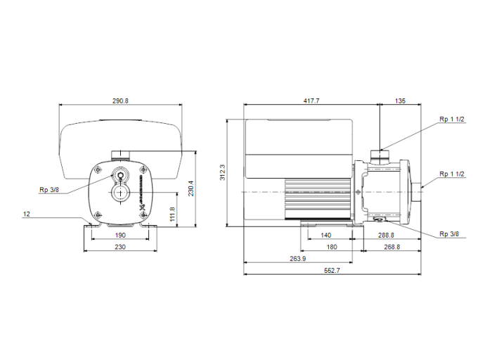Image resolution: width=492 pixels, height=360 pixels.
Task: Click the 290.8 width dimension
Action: pyautogui.click(x=121, y=101)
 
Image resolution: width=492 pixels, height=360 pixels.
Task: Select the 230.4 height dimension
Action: pyautogui.click(x=190, y=188)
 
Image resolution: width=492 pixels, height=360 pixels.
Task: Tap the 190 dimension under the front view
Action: pyautogui.click(x=120, y=236)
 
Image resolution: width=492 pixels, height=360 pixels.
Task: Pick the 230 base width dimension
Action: pyautogui.click(x=120, y=247)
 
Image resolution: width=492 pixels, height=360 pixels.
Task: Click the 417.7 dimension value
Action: pyautogui.click(x=311, y=101)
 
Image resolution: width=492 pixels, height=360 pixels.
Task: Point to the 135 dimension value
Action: pyautogui.click(x=400, y=101)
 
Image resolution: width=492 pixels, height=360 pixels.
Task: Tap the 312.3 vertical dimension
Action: pyautogui.click(x=223, y=173)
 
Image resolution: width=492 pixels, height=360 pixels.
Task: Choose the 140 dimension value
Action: pyautogui.click(x=325, y=236)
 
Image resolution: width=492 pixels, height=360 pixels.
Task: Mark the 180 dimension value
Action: pyautogui.click(x=331, y=247)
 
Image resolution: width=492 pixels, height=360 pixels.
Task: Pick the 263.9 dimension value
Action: pyautogui.click(x=297, y=259)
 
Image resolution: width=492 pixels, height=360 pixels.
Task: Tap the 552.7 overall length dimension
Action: pyautogui.click(x=331, y=271)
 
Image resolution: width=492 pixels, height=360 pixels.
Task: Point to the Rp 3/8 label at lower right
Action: pyautogui.click(x=449, y=233)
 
